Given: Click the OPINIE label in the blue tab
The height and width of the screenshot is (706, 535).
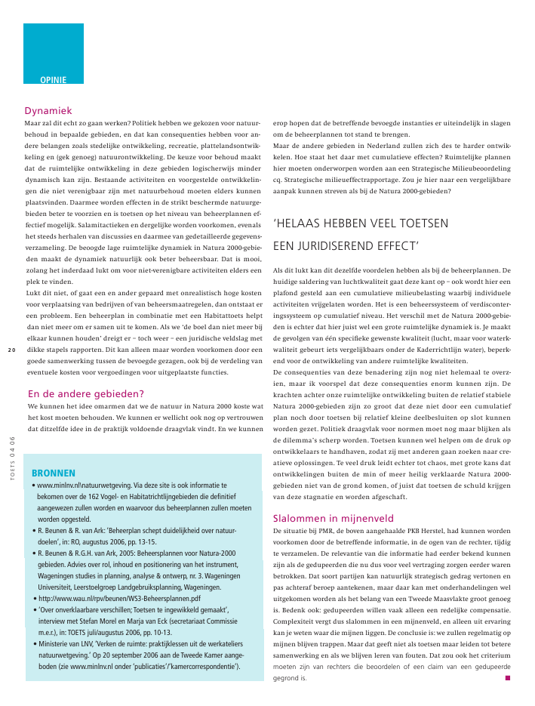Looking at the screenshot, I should pyautogui.click(x=53, y=79).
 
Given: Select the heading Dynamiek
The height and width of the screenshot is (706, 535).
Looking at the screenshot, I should pyautogui.click(x=48, y=109).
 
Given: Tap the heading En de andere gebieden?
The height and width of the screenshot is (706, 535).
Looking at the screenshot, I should pyautogui.click(x=85, y=393).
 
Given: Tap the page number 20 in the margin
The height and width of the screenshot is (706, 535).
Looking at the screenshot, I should pyautogui.click(x=11, y=349).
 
